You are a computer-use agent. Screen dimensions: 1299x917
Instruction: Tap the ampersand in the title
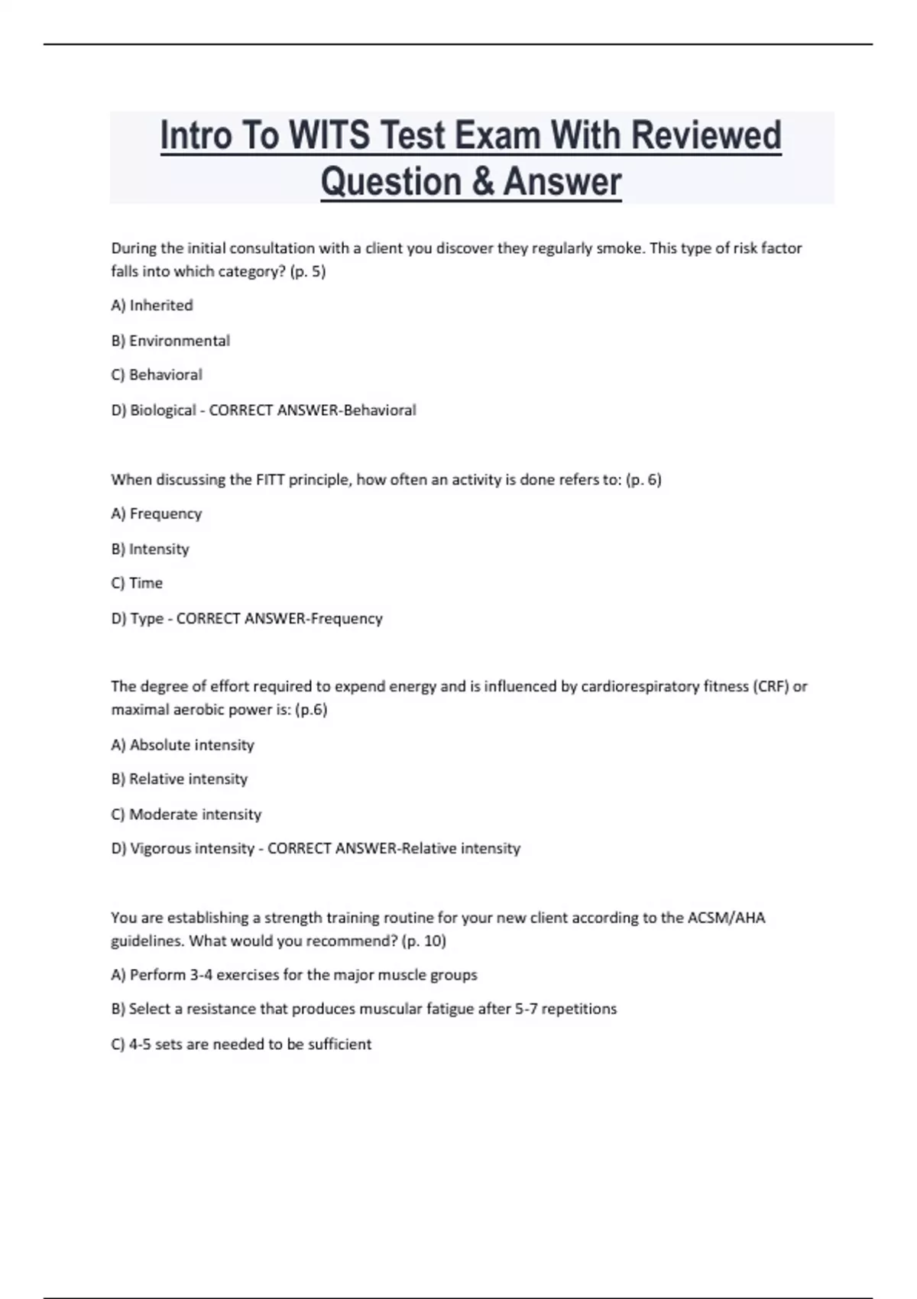tap(481, 183)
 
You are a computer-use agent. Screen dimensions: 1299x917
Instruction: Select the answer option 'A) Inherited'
tap(152, 306)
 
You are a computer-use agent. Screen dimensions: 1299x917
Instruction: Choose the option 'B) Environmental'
tap(170, 341)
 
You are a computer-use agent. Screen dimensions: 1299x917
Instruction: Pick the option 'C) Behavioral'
tap(157, 375)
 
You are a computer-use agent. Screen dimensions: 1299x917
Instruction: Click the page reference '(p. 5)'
tap(308, 271)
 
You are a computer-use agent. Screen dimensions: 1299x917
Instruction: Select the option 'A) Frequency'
tap(157, 513)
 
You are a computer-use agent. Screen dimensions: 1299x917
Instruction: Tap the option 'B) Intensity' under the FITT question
tap(150, 549)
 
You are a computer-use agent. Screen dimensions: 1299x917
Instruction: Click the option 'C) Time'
tap(137, 583)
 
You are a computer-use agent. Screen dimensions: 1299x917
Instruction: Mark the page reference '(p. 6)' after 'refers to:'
tap(643, 480)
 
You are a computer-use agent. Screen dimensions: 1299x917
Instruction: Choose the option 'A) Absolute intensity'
tap(183, 745)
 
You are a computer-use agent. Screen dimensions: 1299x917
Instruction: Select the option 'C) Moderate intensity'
tap(186, 815)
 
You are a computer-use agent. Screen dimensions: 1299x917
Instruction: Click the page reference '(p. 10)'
tap(423, 941)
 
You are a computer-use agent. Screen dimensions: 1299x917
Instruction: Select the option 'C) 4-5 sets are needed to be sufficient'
tap(241, 1045)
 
